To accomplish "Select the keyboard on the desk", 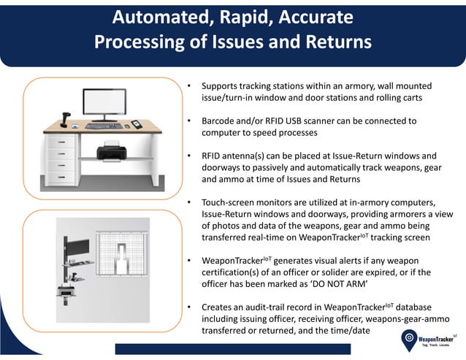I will [104, 126].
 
